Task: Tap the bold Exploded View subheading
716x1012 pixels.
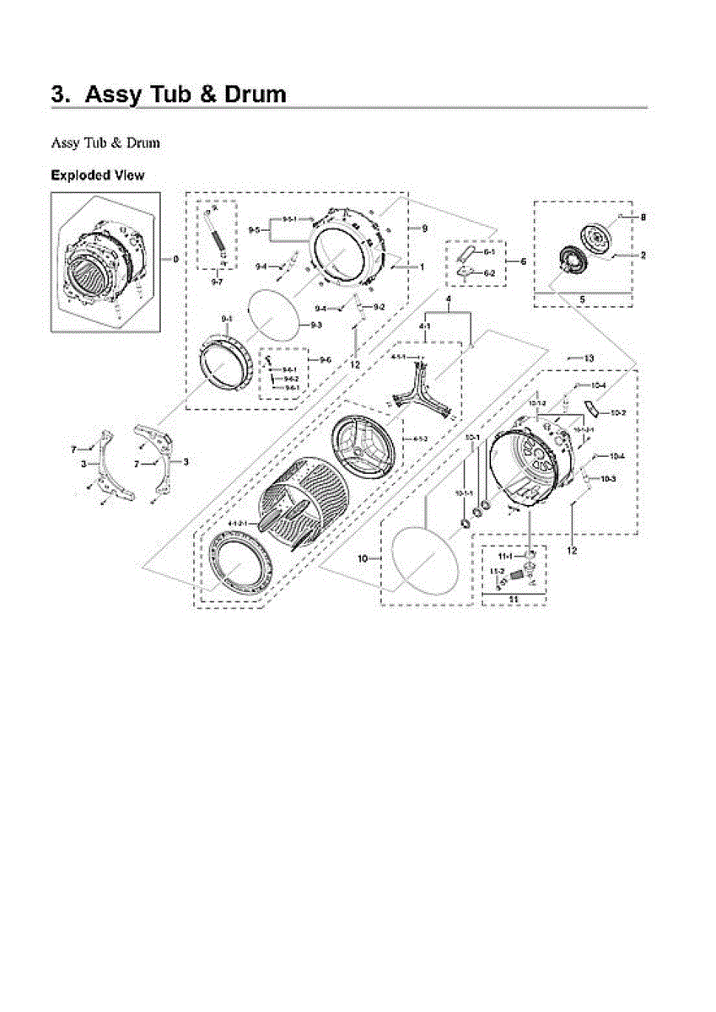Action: coord(97,175)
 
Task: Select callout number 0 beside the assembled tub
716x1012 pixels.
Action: coord(175,259)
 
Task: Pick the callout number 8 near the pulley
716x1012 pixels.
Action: coord(643,217)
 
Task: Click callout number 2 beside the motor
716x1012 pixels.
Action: coord(643,255)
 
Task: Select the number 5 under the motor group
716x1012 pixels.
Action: coord(582,299)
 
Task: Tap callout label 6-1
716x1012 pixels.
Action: coord(489,252)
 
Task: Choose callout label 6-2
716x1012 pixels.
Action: coord(489,272)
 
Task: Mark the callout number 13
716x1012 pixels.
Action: coord(589,358)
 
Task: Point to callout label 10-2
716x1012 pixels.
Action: coord(617,412)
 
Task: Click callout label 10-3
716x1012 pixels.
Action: coord(609,479)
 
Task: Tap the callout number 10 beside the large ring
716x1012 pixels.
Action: coord(363,558)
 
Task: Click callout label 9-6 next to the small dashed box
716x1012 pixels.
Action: coord(325,359)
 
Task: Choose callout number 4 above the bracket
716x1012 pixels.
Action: coord(449,300)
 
